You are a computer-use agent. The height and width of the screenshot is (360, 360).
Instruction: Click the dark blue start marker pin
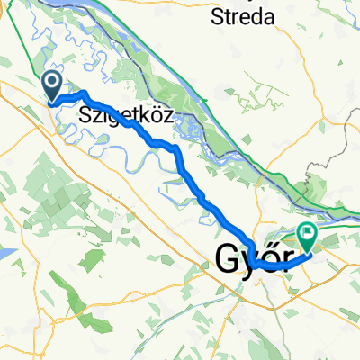(x=51, y=85)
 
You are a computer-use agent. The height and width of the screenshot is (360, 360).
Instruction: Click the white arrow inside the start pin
(x=51, y=84)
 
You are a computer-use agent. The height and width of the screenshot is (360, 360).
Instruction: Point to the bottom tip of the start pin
(x=51, y=102)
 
